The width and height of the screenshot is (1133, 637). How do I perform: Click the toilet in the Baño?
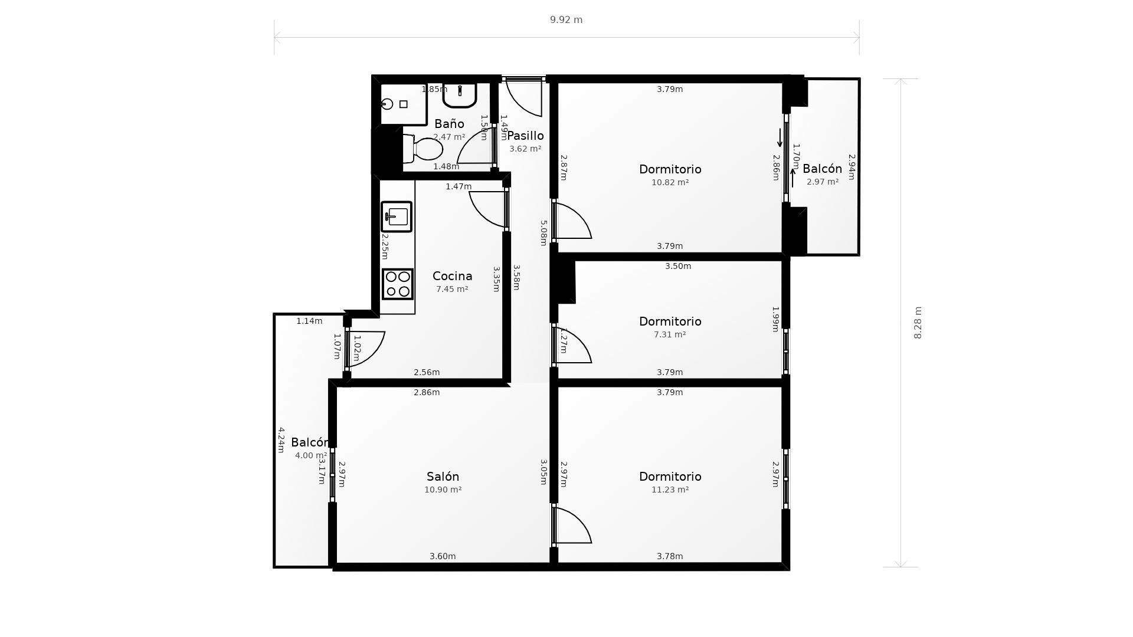click(424, 149)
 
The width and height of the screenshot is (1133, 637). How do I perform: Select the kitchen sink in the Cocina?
click(397, 216)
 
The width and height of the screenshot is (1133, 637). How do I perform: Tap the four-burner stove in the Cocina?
click(397, 284)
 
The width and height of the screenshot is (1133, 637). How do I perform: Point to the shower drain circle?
click(387, 104)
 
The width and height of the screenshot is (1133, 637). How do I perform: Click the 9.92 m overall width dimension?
click(566, 20)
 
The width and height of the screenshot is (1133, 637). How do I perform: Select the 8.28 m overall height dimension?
click(918, 323)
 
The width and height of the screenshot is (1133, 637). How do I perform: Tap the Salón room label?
click(443, 477)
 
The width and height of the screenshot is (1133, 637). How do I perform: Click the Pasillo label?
click(525, 136)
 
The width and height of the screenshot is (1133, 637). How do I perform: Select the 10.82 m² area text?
click(670, 183)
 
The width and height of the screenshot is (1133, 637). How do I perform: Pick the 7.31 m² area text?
click(670, 335)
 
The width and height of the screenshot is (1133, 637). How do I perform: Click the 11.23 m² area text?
click(670, 490)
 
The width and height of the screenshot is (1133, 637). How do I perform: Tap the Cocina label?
click(452, 276)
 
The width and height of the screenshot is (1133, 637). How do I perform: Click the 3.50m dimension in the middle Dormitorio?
click(678, 267)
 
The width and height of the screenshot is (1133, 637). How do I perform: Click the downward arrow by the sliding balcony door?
click(780, 138)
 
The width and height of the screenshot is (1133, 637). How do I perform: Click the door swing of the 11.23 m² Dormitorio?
click(572, 525)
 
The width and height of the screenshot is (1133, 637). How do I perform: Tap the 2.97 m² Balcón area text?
click(822, 182)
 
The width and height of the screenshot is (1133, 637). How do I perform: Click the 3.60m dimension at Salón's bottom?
click(443, 556)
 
